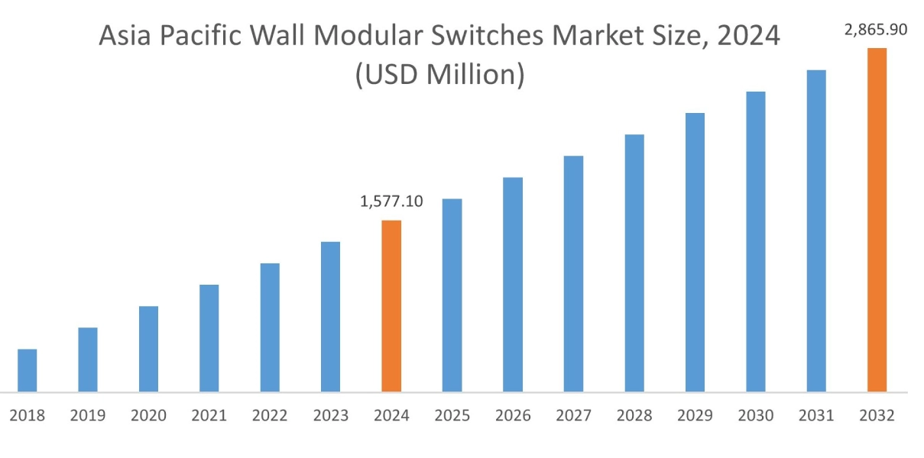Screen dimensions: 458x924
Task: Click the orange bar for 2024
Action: coord(391,306)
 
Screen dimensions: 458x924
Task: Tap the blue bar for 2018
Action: coord(28,370)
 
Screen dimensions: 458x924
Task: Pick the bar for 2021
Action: coord(209,338)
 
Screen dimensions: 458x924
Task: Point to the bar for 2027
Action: coord(573,274)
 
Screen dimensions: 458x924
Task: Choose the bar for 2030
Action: coord(755,242)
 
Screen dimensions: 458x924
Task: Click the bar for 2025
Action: coord(452,295)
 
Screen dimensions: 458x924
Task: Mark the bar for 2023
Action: coord(330,317)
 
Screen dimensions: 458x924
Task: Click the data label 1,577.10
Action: coord(391,202)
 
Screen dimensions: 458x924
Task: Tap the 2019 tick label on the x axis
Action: coord(88,416)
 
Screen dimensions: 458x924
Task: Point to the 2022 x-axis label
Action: coord(270,416)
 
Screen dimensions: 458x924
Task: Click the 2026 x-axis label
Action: coord(513,416)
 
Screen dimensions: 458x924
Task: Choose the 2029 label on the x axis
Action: coord(695,416)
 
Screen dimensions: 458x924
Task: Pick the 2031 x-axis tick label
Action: coord(816,416)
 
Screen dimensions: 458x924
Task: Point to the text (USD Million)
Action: coord(439,75)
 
